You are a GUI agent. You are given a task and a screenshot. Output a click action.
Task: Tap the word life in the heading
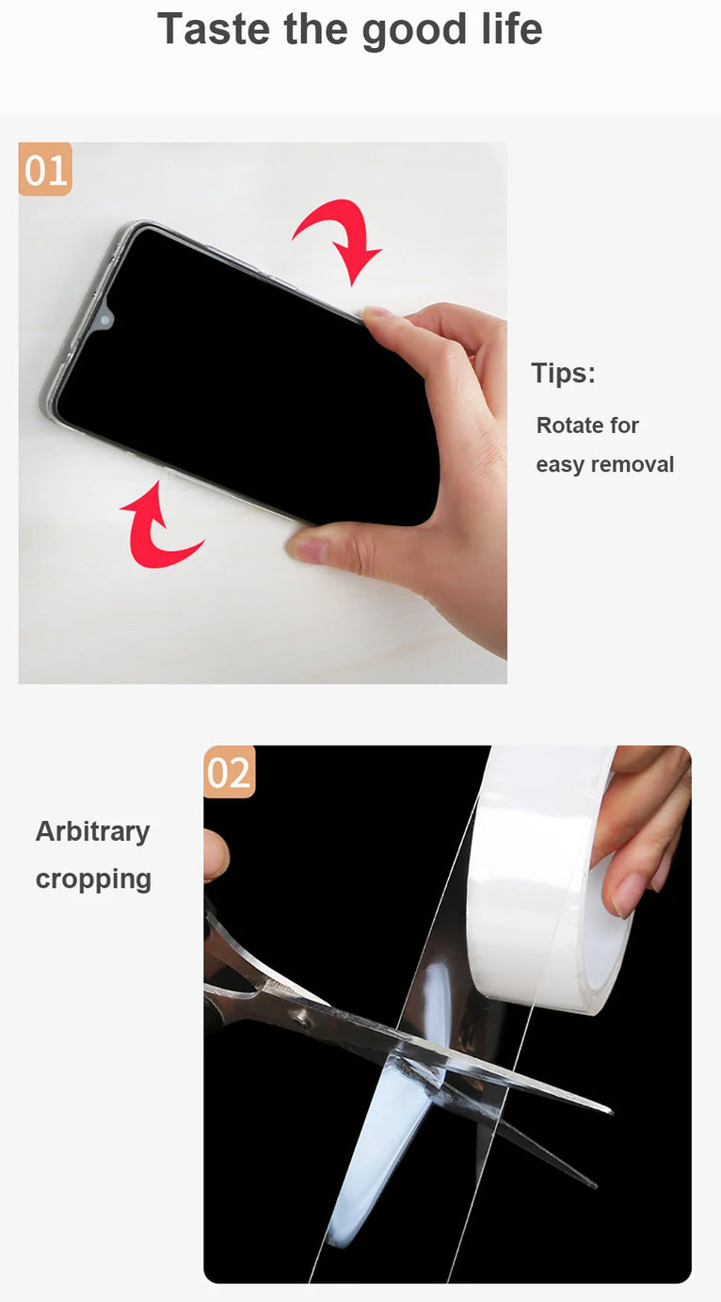[512, 29]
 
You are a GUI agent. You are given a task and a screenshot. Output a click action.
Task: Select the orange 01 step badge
[45, 170]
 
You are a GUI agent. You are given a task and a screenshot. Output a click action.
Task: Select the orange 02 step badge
[230, 773]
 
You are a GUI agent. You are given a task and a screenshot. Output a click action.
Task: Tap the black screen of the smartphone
[245, 377]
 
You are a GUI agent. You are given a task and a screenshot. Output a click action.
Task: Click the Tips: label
[563, 374]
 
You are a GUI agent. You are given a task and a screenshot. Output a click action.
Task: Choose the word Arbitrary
[92, 831]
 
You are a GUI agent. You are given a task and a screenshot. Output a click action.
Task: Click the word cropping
[93, 878]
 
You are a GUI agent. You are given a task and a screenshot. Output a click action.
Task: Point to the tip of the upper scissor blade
[608, 1112]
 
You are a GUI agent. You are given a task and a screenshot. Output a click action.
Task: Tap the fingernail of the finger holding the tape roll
[626, 895]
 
